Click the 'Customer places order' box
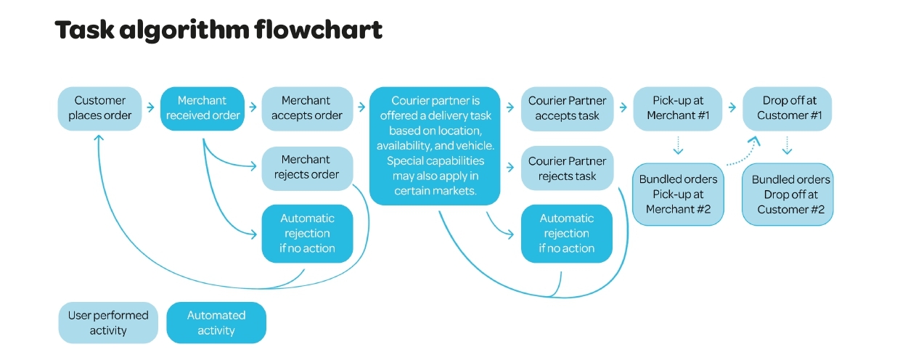pos(99,108)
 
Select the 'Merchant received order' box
pos(202,108)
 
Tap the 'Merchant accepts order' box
pos(306,108)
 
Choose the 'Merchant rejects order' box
pos(306,167)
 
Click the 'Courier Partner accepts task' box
pos(567,108)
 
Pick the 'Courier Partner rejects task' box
pos(567,168)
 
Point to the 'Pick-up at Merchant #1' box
pos(679,108)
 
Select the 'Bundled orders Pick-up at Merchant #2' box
pos(678,194)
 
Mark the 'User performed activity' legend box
pos(108,322)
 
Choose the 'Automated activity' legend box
pos(216,322)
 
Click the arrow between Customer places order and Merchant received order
pos(150,107)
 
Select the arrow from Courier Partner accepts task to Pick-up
pos(622,107)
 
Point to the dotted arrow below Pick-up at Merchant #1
pos(679,146)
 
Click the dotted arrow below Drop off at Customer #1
pos(787,146)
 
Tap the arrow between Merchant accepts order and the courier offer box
pos(361,107)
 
